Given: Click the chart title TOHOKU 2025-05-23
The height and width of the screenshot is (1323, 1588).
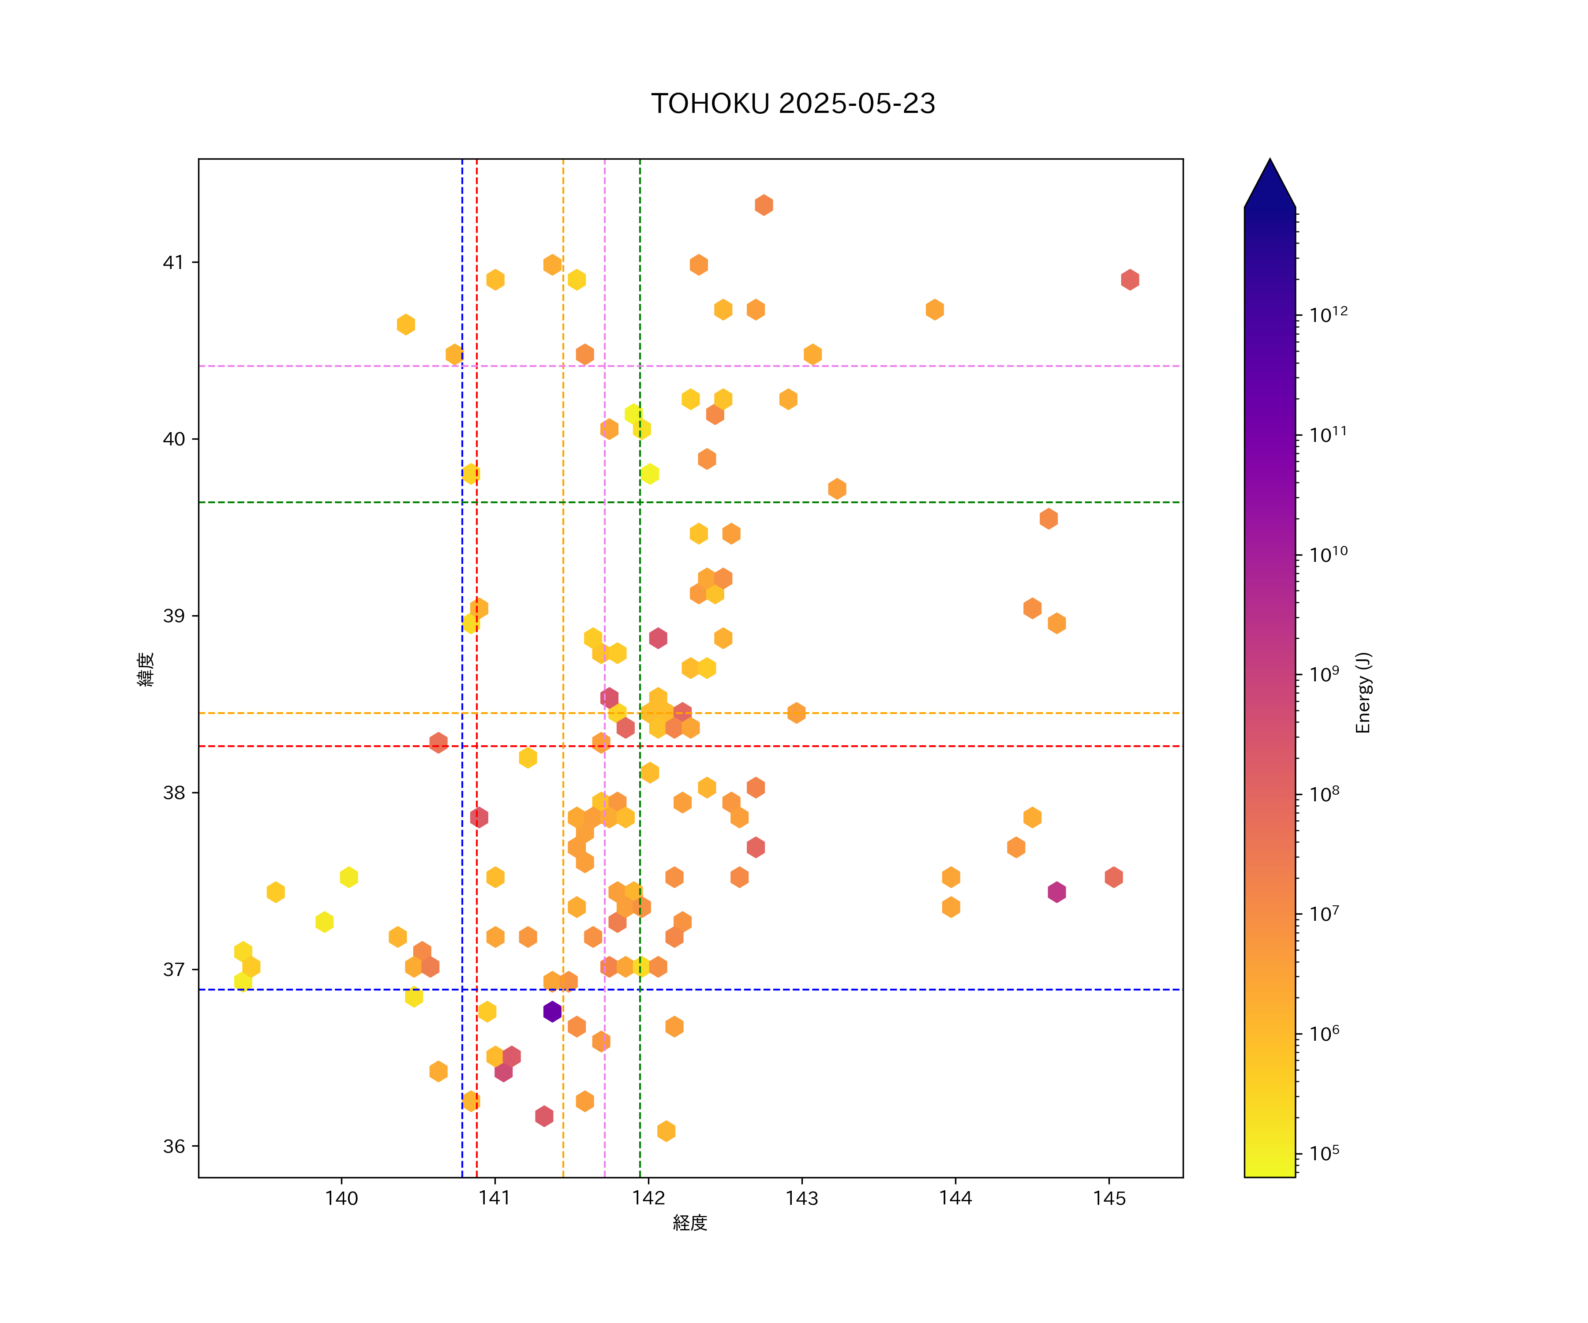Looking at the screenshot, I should (793, 104).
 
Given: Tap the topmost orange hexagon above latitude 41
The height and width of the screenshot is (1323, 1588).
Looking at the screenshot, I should (764, 205).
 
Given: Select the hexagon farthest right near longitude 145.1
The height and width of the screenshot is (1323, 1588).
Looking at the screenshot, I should (1130, 280).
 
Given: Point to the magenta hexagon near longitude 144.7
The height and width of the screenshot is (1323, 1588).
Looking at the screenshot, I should (1056, 892).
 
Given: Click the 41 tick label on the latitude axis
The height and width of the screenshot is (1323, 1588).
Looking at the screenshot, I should (173, 262).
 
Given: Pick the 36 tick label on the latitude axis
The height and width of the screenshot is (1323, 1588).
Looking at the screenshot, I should (173, 1146).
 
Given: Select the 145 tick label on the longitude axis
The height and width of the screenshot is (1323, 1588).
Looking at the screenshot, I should (1109, 1198).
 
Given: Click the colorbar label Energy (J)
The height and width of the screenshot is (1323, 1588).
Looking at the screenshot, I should (1363, 692).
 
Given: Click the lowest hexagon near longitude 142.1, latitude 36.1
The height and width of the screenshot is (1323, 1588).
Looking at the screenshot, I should (666, 1131).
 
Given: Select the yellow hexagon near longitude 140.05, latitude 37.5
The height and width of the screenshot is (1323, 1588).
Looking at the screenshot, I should (348, 877).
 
